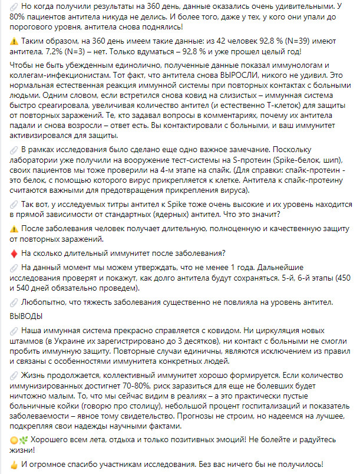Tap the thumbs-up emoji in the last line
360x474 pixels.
(x=15, y=464)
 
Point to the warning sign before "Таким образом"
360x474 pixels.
(x=15, y=42)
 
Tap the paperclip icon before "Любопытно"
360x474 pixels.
(x=15, y=302)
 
